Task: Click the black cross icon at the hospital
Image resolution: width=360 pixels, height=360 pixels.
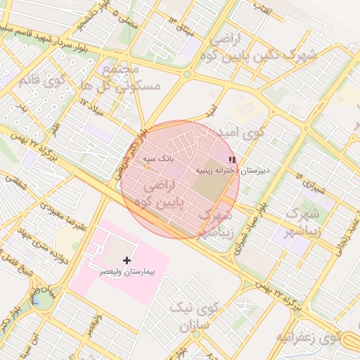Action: click(127, 260)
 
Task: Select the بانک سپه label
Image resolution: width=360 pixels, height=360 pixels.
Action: click(158, 160)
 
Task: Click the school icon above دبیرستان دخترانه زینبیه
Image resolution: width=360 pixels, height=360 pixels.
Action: click(232, 160)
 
